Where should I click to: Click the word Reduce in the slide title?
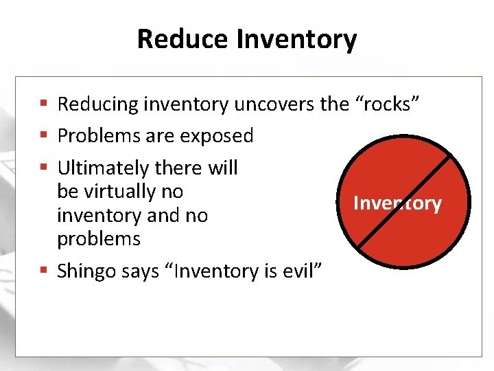coord(183,39)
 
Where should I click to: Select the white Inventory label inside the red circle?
coord(397,203)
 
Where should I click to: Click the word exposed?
coord(216,136)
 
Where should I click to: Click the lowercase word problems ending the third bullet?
coord(99,239)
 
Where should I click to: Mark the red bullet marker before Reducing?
coord(43,104)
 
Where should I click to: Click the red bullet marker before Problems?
coord(43,136)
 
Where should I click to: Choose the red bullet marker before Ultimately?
coord(43,168)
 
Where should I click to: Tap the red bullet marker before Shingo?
coord(43,271)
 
